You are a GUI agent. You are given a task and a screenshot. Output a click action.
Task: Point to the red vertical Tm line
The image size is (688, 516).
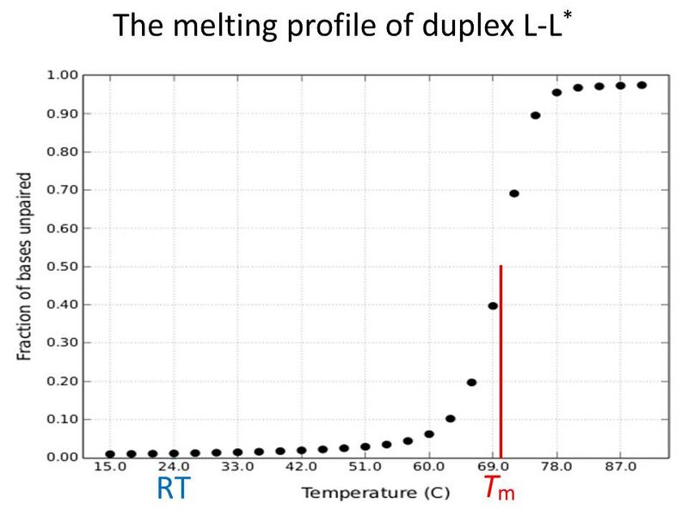pos(501,361)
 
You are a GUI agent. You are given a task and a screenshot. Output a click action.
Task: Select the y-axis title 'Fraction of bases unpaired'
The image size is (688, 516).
pos(25,267)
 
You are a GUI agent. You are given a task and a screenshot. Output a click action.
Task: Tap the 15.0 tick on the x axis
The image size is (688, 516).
pos(109,470)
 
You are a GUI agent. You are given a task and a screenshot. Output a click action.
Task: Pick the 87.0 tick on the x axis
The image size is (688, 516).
pos(620,470)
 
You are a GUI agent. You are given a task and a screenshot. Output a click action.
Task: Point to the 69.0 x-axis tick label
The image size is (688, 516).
pos(493,470)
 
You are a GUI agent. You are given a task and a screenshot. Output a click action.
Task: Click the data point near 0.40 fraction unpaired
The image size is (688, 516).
pos(493,305)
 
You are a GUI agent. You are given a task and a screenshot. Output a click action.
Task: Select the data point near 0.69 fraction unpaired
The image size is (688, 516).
pos(514,193)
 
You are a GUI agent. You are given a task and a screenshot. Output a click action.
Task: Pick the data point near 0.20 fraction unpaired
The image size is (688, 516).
pos(471,382)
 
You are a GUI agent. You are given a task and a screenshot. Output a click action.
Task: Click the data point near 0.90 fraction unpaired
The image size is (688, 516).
pos(535,115)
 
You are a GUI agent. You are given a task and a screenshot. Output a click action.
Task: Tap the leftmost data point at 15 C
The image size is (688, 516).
pos(110,454)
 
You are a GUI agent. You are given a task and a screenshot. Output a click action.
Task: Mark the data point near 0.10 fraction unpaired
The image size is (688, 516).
pos(451,419)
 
